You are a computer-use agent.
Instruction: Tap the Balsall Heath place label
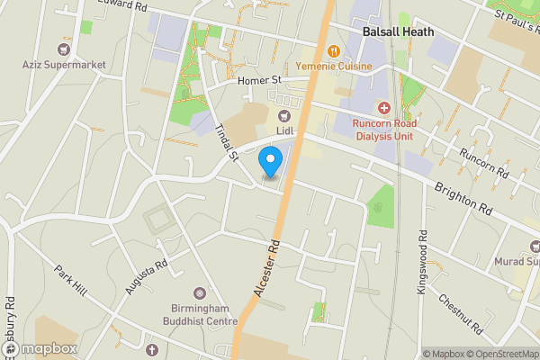pos(398,31)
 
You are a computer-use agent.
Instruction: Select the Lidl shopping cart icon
pos(285,114)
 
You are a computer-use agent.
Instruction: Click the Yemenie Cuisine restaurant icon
pos(333,51)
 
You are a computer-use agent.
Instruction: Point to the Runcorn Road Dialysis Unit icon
pos(383,108)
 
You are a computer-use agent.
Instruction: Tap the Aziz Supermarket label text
pos(65,65)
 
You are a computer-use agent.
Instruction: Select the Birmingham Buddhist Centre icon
pos(200,292)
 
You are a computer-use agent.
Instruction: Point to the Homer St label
pos(254,82)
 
